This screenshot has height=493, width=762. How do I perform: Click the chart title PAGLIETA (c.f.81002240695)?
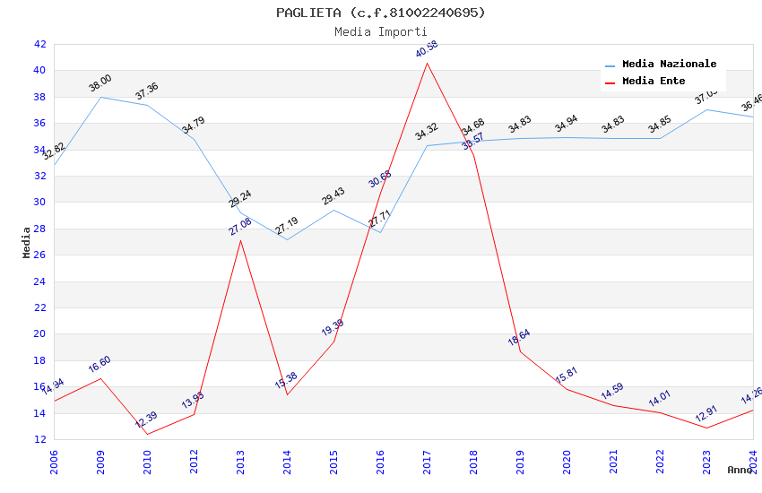[x=381, y=13]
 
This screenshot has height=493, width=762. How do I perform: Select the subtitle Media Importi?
[x=381, y=31]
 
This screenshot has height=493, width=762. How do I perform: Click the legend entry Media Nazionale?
[x=669, y=65]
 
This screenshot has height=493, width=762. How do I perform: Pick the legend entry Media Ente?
[x=654, y=82]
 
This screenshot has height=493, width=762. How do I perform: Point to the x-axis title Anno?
[x=740, y=470]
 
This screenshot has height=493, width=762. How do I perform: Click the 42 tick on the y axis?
[x=39, y=44]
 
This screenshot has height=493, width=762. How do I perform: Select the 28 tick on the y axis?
[x=39, y=229]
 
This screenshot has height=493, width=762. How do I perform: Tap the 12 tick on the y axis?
[x=39, y=440]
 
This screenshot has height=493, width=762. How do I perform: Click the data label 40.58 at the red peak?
[x=427, y=49]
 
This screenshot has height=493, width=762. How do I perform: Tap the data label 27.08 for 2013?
[x=239, y=226]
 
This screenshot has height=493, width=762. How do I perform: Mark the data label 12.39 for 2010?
[x=146, y=420]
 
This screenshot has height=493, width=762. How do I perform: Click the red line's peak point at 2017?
[x=427, y=63]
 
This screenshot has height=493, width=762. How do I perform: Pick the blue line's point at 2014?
[x=287, y=239]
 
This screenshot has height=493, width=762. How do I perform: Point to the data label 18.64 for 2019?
[x=519, y=338]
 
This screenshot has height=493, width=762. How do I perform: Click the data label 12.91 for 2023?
[x=706, y=414]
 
